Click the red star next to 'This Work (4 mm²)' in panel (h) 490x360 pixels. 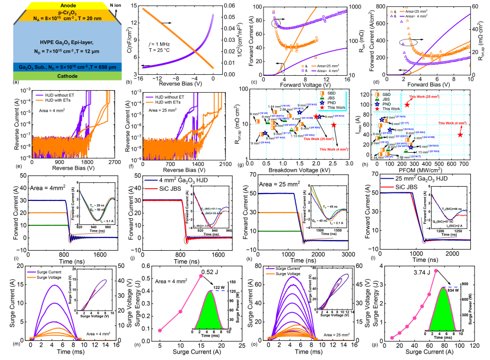pos(460,134)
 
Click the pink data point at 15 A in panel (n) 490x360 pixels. pos(200,276)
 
